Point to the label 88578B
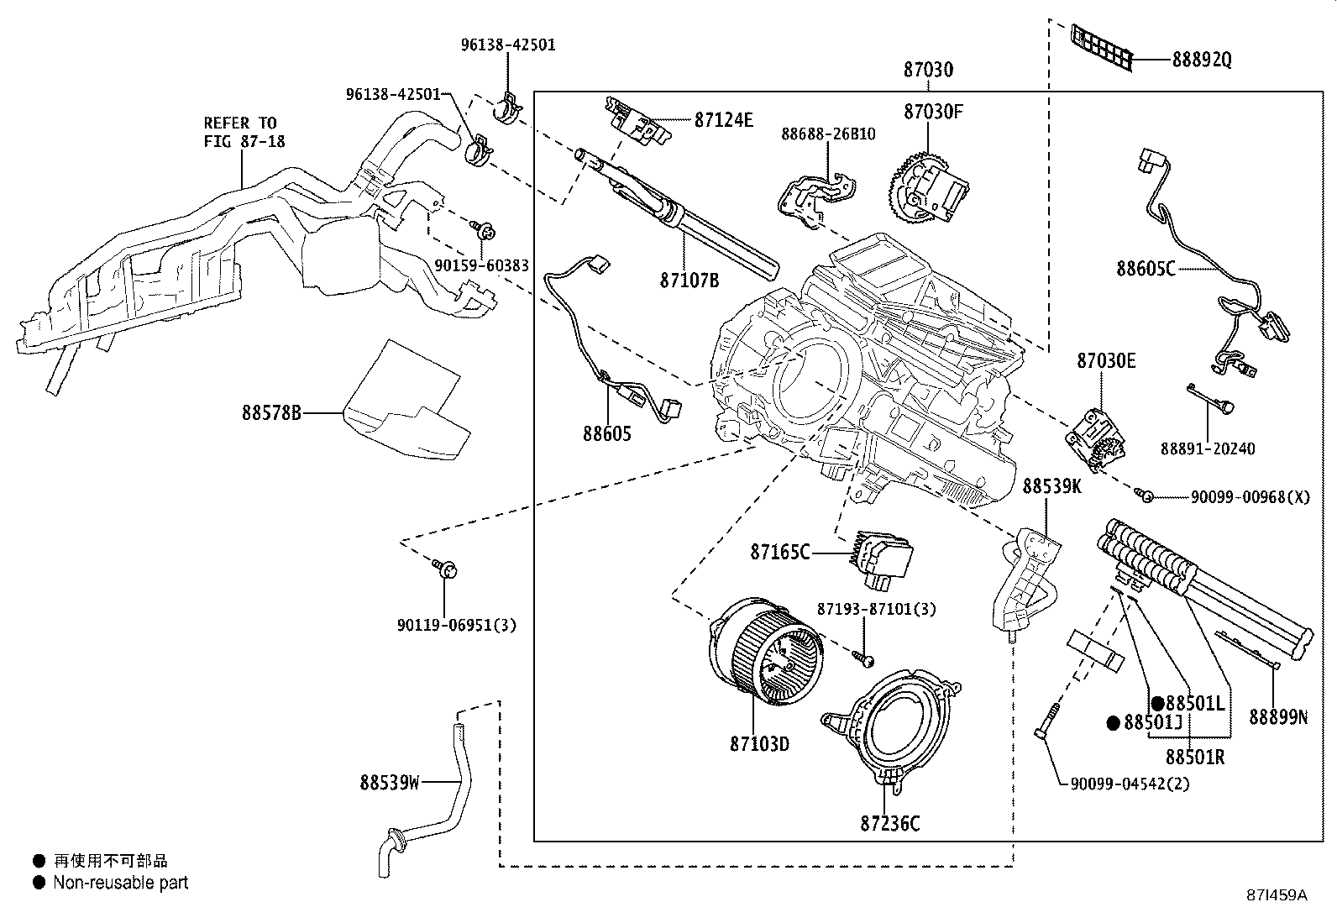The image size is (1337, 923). point(270,413)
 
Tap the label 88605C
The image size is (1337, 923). point(1145,269)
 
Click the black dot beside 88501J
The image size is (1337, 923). point(1113,722)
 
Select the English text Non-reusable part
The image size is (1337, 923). point(120,883)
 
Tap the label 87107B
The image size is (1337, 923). point(689,280)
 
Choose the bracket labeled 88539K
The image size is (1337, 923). point(1026,579)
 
